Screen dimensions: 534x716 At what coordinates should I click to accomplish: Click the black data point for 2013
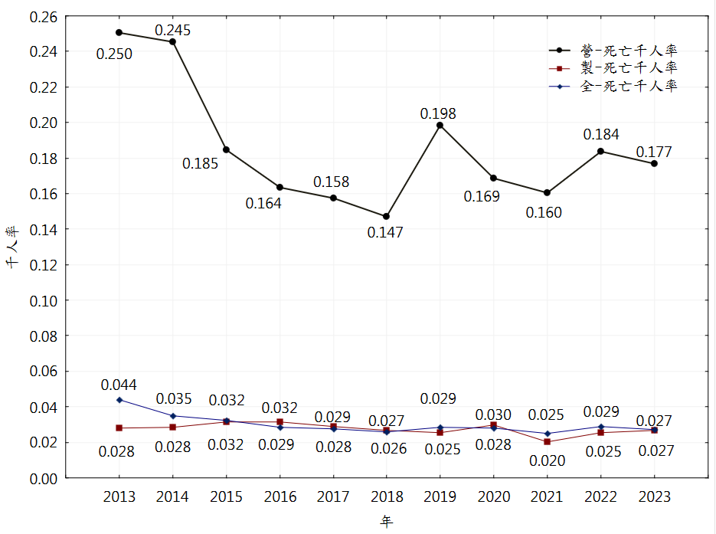(x=119, y=32)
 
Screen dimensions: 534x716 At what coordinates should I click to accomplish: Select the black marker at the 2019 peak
(x=440, y=125)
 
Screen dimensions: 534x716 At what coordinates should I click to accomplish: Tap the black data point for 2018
(x=386, y=216)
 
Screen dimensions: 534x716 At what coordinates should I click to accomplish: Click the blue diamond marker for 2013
(x=119, y=400)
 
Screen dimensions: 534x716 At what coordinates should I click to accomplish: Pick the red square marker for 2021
(x=547, y=442)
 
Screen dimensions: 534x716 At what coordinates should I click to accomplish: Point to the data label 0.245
(x=172, y=31)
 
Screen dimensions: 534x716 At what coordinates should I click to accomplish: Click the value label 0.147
(x=385, y=232)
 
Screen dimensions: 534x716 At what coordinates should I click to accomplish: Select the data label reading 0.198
(x=438, y=113)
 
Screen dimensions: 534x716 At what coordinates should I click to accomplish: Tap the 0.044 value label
(x=119, y=385)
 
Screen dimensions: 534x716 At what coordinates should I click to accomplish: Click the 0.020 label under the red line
(x=547, y=460)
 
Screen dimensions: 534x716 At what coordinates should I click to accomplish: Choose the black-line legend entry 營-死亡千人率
(x=628, y=50)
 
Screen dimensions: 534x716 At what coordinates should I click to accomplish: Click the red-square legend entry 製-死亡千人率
(x=628, y=68)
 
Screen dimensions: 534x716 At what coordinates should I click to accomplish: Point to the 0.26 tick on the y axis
(x=44, y=16)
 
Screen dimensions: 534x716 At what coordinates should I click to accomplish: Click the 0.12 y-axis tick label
(x=44, y=264)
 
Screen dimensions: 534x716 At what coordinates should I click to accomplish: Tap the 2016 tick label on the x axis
(x=280, y=497)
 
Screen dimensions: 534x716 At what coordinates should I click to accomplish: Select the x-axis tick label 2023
(x=654, y=497)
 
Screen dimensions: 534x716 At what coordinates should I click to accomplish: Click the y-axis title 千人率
(x=12, y=247)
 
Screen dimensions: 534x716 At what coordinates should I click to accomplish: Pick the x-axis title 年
(x=387, y=522)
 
